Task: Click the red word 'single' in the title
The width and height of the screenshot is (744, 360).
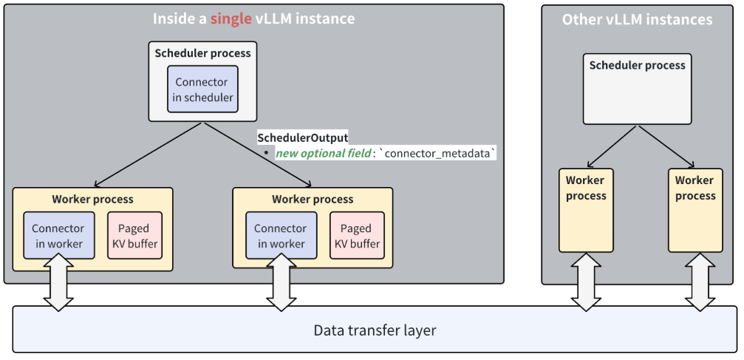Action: click(x=231, y=18)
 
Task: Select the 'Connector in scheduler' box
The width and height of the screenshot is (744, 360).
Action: click(x=203, y=89)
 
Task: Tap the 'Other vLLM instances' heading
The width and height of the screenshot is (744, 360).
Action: click(x=637, y=19)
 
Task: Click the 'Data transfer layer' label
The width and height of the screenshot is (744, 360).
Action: click(x=375, y=330)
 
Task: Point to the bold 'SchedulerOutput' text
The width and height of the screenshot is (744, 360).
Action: click(x=302, y=137)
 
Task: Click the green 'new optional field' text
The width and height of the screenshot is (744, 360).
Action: click(x=323, y=153)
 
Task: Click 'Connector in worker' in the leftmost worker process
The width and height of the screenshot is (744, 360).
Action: click(x=58, y=236)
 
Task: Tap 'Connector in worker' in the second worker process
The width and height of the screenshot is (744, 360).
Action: click(x=280, y=236)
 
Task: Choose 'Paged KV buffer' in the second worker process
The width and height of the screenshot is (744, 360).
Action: click(x=356, y=236)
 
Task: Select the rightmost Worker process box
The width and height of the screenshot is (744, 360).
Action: click(x=695, y=211)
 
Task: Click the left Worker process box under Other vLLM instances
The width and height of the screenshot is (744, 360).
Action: click(x=586, y=211)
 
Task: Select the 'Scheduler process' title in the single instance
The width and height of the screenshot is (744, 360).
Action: click(x=202, y=53)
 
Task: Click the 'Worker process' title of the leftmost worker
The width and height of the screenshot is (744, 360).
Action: click(x=92, y=199)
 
